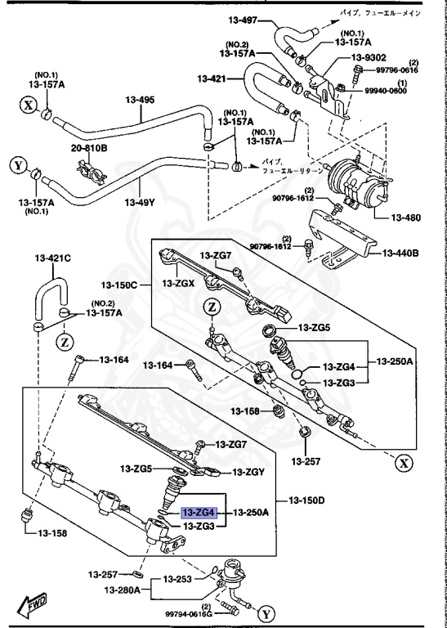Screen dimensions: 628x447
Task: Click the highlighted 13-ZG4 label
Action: point(198,513)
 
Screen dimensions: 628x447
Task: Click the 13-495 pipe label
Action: point(139,101)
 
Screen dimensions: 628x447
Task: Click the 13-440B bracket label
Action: point(401,253)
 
